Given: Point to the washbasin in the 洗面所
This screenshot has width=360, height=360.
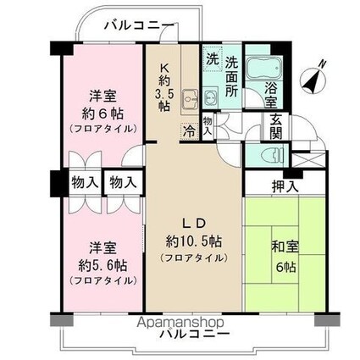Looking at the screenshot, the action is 210,98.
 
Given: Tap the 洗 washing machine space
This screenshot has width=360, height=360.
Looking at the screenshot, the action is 213,58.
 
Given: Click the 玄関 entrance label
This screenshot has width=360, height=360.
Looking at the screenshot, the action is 275,126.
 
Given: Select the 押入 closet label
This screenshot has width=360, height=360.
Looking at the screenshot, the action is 285,186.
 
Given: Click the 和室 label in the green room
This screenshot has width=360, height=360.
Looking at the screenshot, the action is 285,246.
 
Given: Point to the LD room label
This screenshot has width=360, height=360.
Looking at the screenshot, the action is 193,224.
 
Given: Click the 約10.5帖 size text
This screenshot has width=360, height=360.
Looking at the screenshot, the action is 193,241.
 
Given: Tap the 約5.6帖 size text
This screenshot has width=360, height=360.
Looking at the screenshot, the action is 102,266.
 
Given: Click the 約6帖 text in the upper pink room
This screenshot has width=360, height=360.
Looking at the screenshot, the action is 102,114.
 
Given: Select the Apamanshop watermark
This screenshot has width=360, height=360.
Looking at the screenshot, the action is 180,323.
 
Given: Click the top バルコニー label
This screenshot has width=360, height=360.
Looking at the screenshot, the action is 139,25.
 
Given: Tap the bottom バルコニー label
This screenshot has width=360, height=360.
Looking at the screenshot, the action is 195,335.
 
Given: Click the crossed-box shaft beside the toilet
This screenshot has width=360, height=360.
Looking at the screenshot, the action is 308,160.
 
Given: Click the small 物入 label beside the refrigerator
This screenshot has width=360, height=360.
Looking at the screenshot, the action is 208,125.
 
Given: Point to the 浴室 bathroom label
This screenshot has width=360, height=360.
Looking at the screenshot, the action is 271,95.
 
